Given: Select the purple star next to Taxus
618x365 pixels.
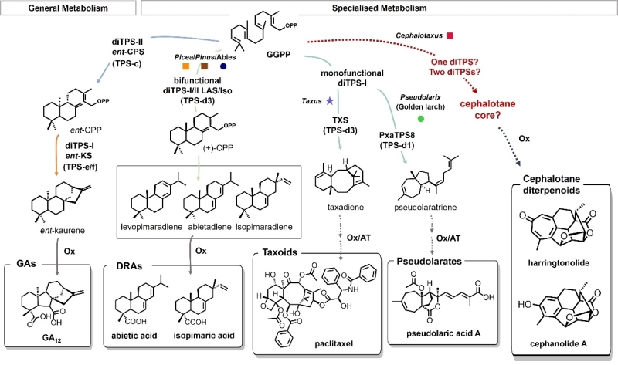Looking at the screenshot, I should (329, 100).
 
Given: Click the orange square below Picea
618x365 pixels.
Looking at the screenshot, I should (185, 66).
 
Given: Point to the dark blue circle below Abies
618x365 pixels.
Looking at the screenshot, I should (223, 66).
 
